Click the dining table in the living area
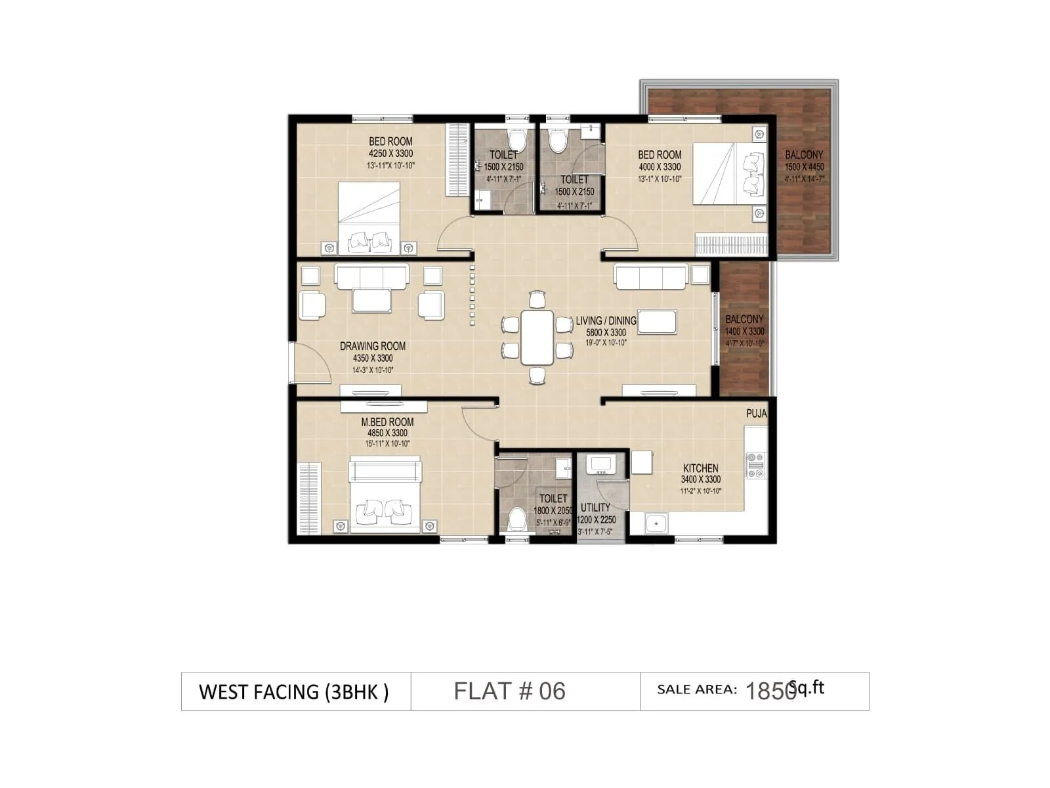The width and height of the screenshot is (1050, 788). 537,337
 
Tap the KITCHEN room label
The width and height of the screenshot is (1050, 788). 700,468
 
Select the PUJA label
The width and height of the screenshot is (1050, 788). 756,414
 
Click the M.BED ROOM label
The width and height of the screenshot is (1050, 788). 387,422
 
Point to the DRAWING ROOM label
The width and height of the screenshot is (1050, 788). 372,346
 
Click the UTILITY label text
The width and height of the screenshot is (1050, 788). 595,508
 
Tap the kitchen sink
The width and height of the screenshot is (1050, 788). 654,523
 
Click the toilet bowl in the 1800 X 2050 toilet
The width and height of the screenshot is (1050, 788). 517,519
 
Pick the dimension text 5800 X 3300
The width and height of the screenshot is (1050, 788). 606,332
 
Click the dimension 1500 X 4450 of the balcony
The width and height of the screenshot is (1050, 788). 804,167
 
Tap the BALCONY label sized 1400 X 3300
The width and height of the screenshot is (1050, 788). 744,319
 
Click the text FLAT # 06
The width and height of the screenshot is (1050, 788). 509,691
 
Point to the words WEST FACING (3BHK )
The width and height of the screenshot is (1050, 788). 293,692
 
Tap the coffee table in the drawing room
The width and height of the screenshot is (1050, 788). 371,300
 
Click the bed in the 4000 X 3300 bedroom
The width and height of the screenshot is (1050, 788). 728,174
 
